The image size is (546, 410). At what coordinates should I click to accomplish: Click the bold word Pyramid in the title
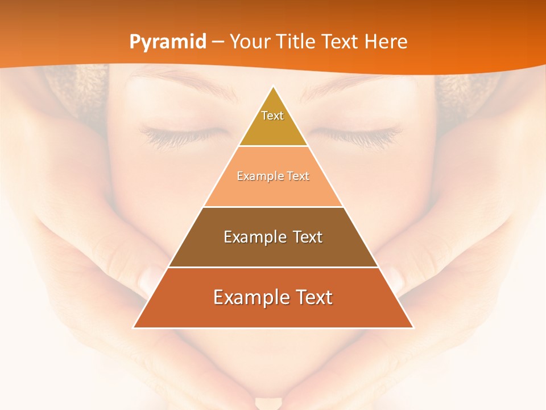(167, 42)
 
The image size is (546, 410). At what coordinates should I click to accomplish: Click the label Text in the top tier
(272, 116)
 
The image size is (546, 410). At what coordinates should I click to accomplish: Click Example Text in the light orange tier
(273, 176)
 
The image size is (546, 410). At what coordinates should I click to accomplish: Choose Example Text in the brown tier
(273, 237)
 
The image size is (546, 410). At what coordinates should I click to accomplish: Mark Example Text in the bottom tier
(273, 297)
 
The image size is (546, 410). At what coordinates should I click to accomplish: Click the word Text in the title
(342, 42)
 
